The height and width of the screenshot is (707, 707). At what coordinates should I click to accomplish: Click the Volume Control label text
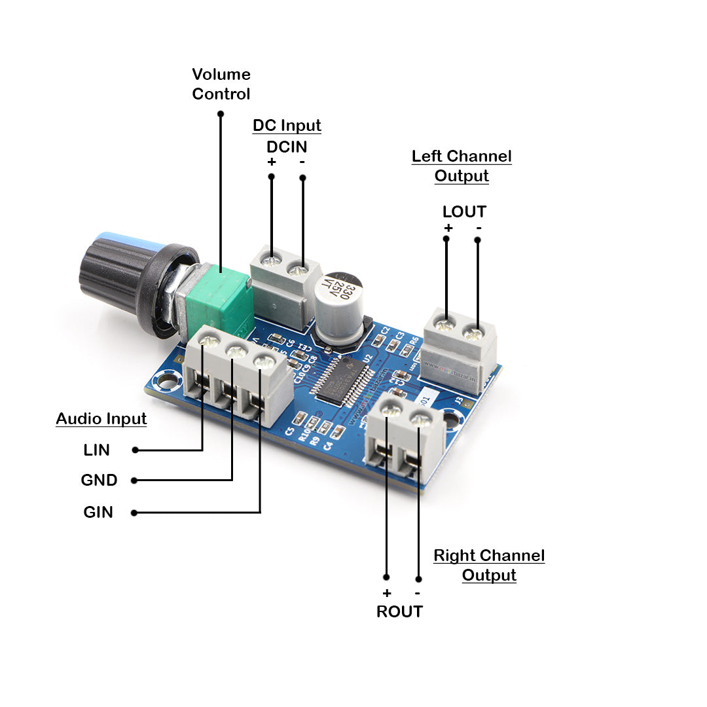pos(221,84)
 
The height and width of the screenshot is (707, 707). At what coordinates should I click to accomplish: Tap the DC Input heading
pos(287,125)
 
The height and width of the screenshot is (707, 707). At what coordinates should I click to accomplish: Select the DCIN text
pos(287,147)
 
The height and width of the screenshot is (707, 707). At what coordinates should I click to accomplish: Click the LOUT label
pos(464,211)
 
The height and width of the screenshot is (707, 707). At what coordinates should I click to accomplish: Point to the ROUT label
pos(399,611)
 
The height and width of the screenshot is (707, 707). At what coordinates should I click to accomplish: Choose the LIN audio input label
pos(97,450)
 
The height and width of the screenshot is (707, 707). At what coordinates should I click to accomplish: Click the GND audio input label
pos(99,480)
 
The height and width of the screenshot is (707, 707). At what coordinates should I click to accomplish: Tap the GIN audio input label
pos(98,512)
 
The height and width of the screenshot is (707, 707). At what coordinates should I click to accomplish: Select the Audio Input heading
pos(101,419)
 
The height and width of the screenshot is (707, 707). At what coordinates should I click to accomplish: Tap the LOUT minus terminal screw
pos(473,334)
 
